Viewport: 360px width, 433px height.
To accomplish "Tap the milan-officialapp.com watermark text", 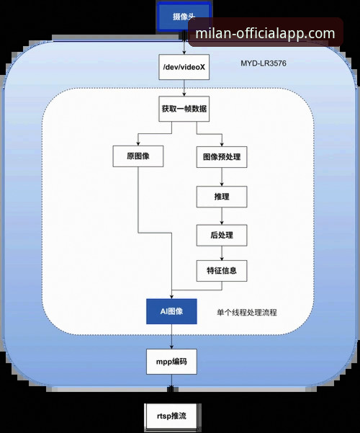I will (265, 34).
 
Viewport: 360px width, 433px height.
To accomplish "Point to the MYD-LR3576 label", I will (264, 64).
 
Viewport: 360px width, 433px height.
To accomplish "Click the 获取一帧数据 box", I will (185, 111).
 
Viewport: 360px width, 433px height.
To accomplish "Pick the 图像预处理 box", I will (221, 157).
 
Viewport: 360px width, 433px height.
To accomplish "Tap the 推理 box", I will (221, 196).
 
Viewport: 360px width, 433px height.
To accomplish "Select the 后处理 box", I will (221, 234).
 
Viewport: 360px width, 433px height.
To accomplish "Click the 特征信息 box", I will (221, 272).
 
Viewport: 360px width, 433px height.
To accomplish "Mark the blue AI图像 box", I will (171, 311).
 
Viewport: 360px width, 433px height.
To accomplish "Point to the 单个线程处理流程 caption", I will (247, 313).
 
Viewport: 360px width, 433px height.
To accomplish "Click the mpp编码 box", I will (172, 361).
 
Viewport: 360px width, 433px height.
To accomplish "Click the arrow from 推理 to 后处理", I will (221, 215).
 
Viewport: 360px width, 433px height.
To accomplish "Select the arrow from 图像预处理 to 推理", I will (221, 177).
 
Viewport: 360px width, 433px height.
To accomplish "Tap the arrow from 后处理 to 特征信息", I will (221, 253).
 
